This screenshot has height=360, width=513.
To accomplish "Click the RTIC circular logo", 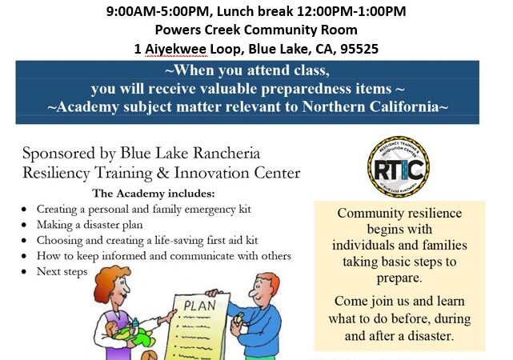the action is click(x=399, y=167).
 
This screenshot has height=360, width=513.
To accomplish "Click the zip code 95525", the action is click(x=359, y=49).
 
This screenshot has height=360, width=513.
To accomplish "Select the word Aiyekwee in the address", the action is click(x=176, y=50).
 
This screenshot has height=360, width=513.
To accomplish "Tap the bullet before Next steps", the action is click(x=24, y=272).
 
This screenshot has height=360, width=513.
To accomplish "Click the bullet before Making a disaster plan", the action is click(x=24, y=225).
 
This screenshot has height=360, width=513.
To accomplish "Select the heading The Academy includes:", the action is click(x=154, y=194).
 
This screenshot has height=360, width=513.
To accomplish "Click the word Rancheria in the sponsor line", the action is click(x=226, y=153).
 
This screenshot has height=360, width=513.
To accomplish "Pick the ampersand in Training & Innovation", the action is click(x=163, y=173).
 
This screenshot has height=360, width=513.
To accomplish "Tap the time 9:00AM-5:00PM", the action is click(x=158, y=11).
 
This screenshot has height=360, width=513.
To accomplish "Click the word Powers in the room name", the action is click(x=178, y=30).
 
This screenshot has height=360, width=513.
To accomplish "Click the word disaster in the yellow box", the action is click(x=430, y=336).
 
